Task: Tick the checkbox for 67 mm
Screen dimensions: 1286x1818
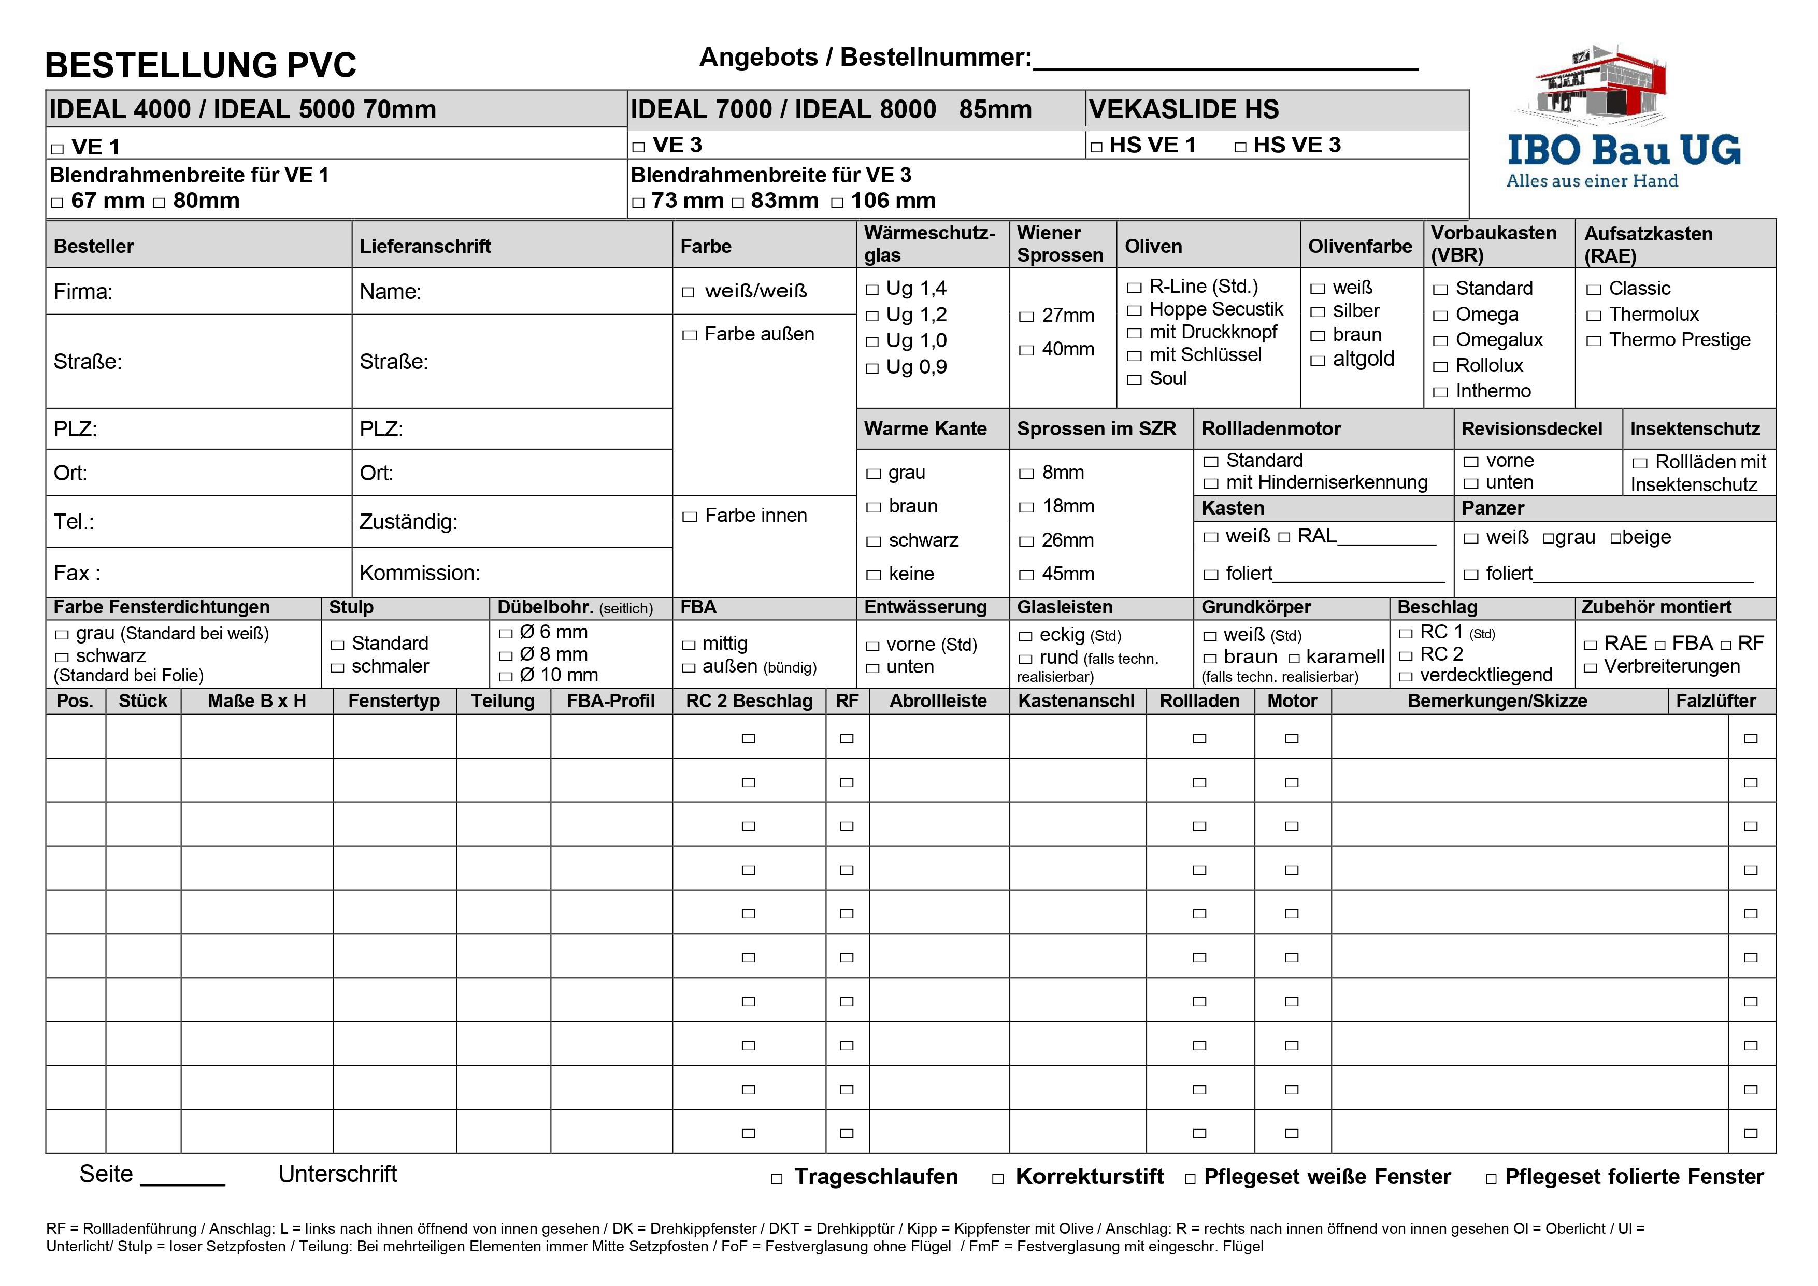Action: pos(57,203)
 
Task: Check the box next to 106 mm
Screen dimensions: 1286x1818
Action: pos(837,203)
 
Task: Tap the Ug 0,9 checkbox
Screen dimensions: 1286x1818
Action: pos(872,368)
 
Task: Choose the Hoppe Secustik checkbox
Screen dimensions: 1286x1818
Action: pos(1134,310)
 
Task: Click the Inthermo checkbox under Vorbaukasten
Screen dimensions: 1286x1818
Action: pos(1440,392)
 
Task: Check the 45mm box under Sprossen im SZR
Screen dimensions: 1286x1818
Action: pos(1026,576)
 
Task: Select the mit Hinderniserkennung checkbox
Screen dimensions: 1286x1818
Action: pos(1211,483)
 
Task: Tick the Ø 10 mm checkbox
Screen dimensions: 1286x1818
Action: pos(506,677)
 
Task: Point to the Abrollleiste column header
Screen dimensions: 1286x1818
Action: pos(938,702)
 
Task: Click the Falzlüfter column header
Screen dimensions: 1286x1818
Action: pos(1715,702)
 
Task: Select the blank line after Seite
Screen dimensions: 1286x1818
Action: pos(182,1178)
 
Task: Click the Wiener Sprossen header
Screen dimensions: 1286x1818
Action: pos(1060,244)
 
